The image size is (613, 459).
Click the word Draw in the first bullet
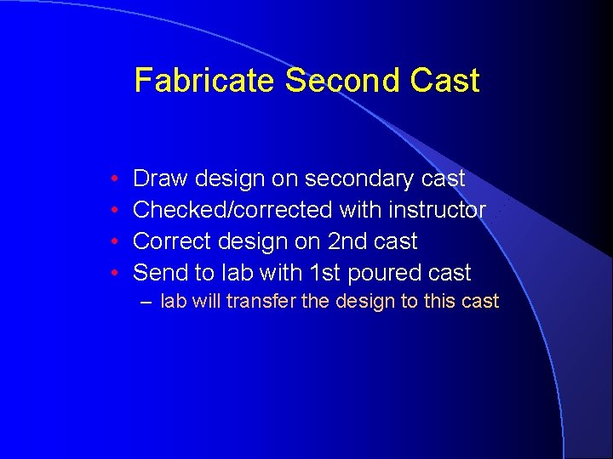click(x=161, y=178)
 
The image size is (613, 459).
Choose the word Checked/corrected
click(x=233, y=210)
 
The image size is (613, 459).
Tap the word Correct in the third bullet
click(x=174, y=241)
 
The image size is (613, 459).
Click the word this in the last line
click(x=441, y=301)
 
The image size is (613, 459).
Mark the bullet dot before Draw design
click(x=114, y=179)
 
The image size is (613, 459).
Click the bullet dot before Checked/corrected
click(x=114, y=211)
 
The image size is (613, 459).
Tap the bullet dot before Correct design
click(x=114, y=242)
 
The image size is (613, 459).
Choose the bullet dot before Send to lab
click(x=114, y=274)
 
